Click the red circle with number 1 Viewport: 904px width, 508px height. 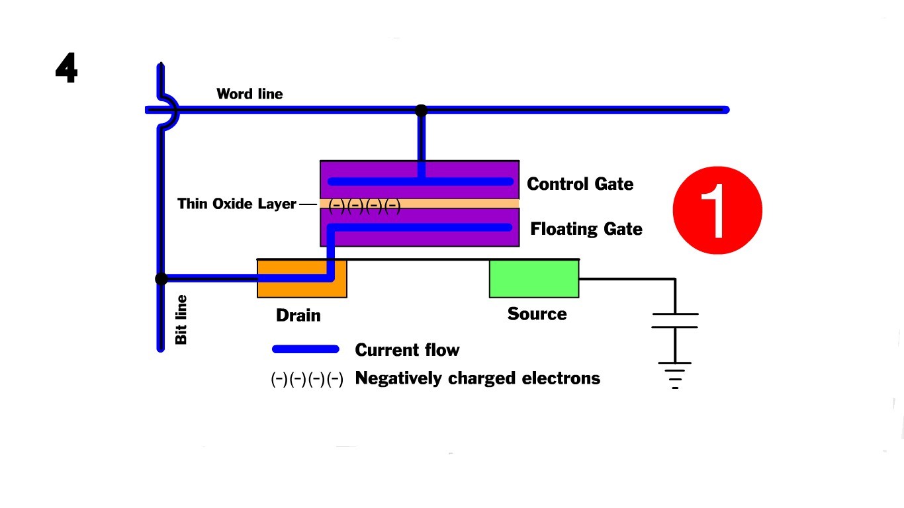coord(717,210)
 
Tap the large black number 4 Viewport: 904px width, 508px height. coord(66,68)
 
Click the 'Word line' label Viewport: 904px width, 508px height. coord(249,94)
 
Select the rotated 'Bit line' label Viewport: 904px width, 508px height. coord(181,319)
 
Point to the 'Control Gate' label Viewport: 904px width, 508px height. coord(580,184)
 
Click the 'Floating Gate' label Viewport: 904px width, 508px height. coord(586,229)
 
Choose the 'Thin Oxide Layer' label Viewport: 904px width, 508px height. coord(236,204)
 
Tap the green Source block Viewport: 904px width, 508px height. coord(533,278)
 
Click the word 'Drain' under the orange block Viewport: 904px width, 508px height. coord(298,316)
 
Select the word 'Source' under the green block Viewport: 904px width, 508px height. coord(537,314)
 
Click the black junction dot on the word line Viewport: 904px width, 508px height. coord(421,110)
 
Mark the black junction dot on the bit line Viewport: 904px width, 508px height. coord(161,279)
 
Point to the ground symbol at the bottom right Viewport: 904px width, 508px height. coord(674,374)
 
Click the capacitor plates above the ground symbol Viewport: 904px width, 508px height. coord(674,320)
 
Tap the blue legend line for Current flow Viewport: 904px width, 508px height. coord(306,349)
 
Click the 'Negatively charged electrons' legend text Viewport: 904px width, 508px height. coord(477,378)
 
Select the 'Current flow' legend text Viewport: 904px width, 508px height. coord(407,350)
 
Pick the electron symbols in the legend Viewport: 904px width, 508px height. coord(307,379)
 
